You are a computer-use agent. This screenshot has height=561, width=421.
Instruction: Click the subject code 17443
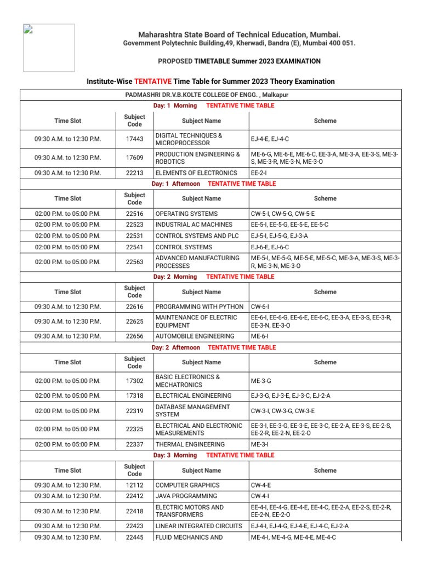point(134,139)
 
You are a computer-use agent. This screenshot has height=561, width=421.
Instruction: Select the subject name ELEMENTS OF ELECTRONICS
point(196,173)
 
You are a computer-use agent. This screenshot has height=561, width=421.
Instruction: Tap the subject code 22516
point(134,214)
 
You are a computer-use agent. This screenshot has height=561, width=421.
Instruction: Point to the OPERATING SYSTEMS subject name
point(186,214)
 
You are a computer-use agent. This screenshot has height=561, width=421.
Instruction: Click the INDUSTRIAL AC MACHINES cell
point(194,225)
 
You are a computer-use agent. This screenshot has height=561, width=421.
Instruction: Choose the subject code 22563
point(134,262)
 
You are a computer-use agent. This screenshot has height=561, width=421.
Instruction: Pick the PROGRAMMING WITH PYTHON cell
point(199,306)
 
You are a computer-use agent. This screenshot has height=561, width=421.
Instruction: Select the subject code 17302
point(134,381)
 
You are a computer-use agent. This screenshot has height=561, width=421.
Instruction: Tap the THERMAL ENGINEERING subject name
point(190,444)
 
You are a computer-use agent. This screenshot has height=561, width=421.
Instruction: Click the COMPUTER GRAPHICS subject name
point(187,485)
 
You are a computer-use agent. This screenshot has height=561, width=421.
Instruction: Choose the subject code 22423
point(134,526)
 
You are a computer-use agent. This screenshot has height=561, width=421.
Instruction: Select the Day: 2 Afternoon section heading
point(176,347)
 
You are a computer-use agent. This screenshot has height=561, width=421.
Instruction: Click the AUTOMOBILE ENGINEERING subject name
point(195,336)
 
